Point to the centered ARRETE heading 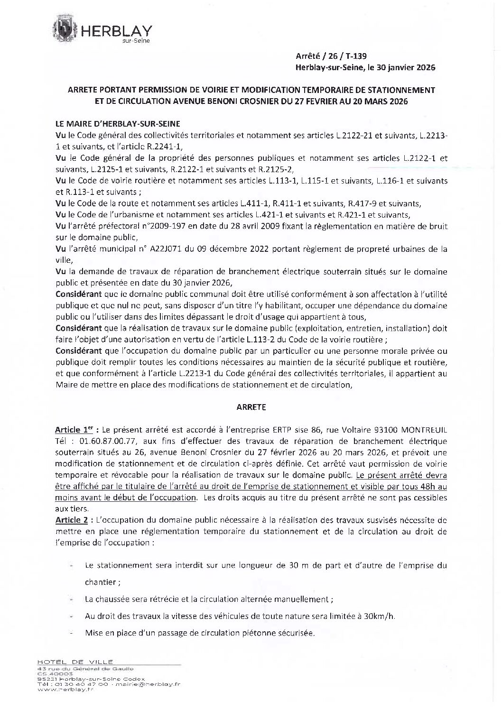click(x=251, y=406)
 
